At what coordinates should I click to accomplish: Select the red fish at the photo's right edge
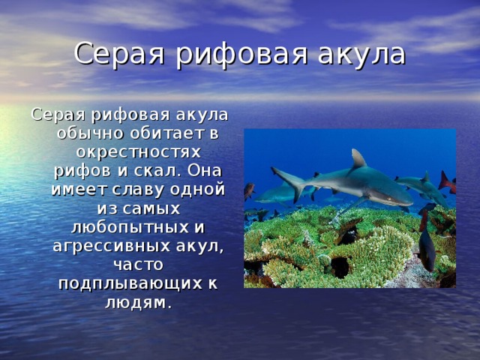click(x=448, y=183)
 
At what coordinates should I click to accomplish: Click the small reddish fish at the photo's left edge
click(x=249, y=190)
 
